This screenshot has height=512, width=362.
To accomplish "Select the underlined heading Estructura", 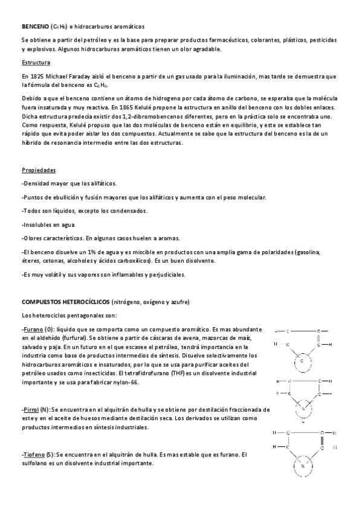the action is pyautogui.click(x=36, y=63).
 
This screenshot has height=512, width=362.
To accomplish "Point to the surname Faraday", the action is pyautogui.click(x=91, y=77).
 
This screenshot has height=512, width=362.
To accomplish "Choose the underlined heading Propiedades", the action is pyautogui.click(x=38, y=170).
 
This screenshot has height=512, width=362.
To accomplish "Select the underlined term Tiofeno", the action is pyautogui.click(x=34, y=454).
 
